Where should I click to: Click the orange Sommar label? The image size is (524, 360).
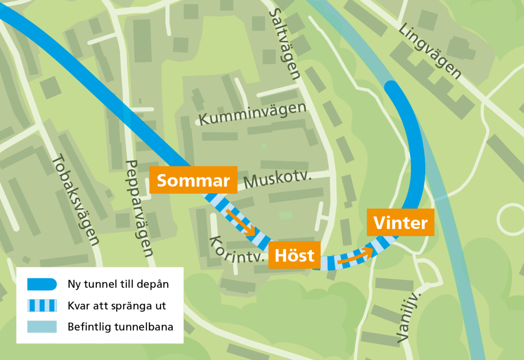tap(193, 180)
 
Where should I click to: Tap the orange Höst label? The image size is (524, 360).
tap(295, 255)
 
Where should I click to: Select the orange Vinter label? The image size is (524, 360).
tap(400, 223)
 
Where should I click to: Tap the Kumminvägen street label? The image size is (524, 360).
tap(252, 113)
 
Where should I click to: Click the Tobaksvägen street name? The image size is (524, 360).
tap(75, 201)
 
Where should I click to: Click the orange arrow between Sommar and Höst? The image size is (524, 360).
tap(241, 223)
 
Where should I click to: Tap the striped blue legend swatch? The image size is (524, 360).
tap(42, 305)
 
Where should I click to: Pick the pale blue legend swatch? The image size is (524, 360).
tap(42, 326)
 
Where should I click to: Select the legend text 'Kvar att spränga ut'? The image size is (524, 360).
tap(117, 305)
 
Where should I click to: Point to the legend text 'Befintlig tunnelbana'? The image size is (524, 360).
tap(120, 326)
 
